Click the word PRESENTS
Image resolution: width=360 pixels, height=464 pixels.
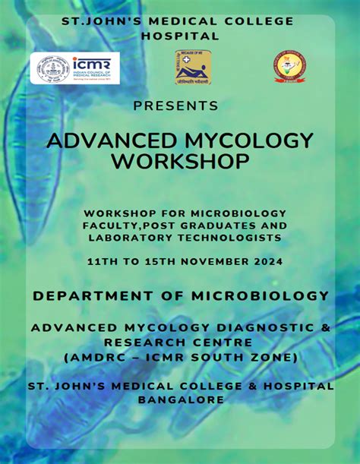180,104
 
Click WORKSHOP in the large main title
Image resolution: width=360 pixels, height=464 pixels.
180,161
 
